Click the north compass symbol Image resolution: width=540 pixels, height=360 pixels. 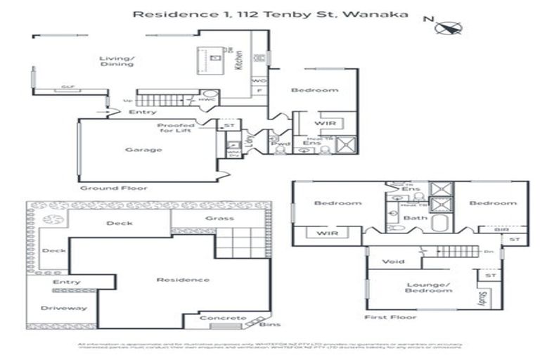448,27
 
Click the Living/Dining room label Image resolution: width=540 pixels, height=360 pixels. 116,61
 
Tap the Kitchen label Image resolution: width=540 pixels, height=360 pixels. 238,62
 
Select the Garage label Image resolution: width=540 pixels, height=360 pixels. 143,150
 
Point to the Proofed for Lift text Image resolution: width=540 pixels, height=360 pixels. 176,129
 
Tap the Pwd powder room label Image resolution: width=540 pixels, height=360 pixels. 285,143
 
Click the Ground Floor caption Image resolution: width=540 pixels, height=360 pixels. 108,188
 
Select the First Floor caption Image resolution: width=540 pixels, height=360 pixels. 387,318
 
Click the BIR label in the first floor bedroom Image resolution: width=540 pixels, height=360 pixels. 501,229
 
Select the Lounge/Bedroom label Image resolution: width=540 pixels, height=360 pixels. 428,287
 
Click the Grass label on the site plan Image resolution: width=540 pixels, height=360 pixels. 219,219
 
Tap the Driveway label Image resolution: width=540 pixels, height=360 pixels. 63,308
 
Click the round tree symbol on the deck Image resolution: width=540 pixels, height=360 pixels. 52,219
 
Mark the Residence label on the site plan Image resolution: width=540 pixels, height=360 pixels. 183,280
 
